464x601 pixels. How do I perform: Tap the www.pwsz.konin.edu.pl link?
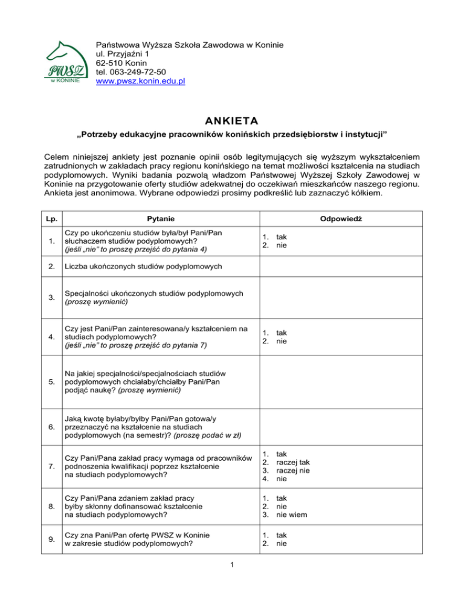140,80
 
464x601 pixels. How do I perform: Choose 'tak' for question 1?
282,237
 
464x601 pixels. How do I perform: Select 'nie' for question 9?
282,544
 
